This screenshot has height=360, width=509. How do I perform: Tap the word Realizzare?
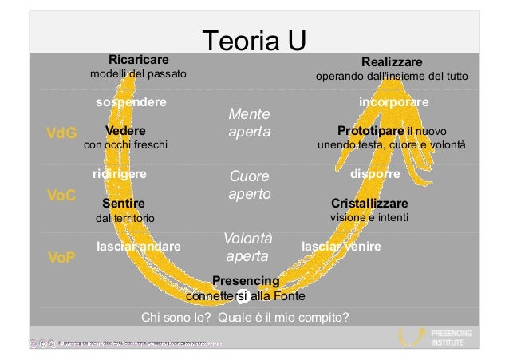pyautogui.click(x=392, y=61)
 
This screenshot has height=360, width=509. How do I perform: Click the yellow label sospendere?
pyautogui.click(x=131, y=102)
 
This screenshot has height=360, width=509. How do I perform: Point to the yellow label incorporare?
pyautogui.click(x=394, y=102)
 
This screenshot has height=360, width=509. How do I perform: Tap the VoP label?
pyautogui.click(x=61, y=258)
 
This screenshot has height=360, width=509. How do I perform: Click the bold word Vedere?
pyautogui.click(x=124, y=131)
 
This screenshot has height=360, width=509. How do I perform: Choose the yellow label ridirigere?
pyautogui.click(x=120, y=172)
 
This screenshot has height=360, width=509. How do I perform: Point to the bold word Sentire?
pyautogui.click(x=123, y=203)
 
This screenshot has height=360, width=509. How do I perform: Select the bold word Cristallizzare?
pyautogui.click(x=369, y=203)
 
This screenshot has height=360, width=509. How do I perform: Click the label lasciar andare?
pyautogui.click(x=138, y=247)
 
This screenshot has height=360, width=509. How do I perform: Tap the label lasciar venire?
pyautogui.click(x=341, y=247)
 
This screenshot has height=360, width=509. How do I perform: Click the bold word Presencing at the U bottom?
pyautogui.click(x=246, y=281)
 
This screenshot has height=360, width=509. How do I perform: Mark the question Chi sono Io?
pyautogui.click(x=178, y=317)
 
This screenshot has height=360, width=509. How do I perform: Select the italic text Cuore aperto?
pyautogui.click(x=248, y=184)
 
